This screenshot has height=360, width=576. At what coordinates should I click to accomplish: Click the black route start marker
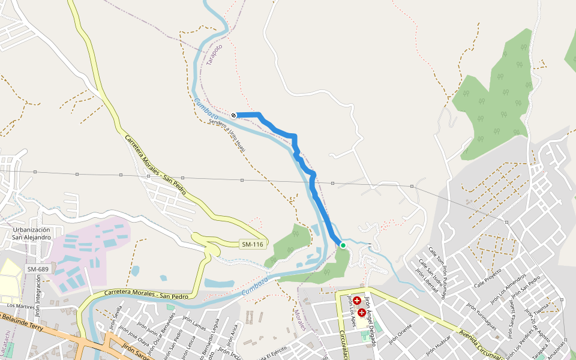[x=234, y=115]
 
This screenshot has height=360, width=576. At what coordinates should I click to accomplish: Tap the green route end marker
[x=343, y=245]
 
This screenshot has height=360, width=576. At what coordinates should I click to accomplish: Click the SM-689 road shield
[x=37, y=269]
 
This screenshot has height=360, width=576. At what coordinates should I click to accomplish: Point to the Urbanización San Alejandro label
[x=38, y=233]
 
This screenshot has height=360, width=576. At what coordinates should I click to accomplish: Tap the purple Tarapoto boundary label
[x=214, y=55]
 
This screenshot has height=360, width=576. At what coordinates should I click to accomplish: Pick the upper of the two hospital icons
[x=357, y=301]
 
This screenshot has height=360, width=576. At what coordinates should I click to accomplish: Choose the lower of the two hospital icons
[x=362, y=313]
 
